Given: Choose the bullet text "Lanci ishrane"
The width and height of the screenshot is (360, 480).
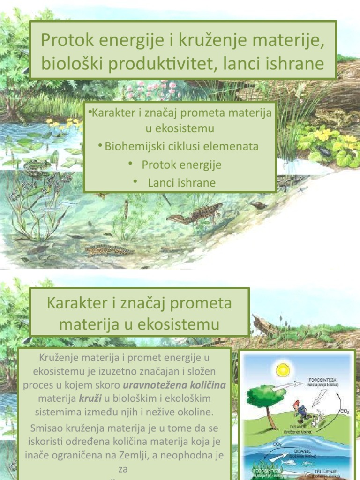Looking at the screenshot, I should (181, 182).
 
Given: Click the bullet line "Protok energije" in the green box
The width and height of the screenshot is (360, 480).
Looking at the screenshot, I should (181, 165).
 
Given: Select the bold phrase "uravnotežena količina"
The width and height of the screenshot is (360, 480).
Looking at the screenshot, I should (174, 385).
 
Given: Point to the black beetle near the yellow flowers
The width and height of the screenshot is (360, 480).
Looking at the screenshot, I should (324, 152).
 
